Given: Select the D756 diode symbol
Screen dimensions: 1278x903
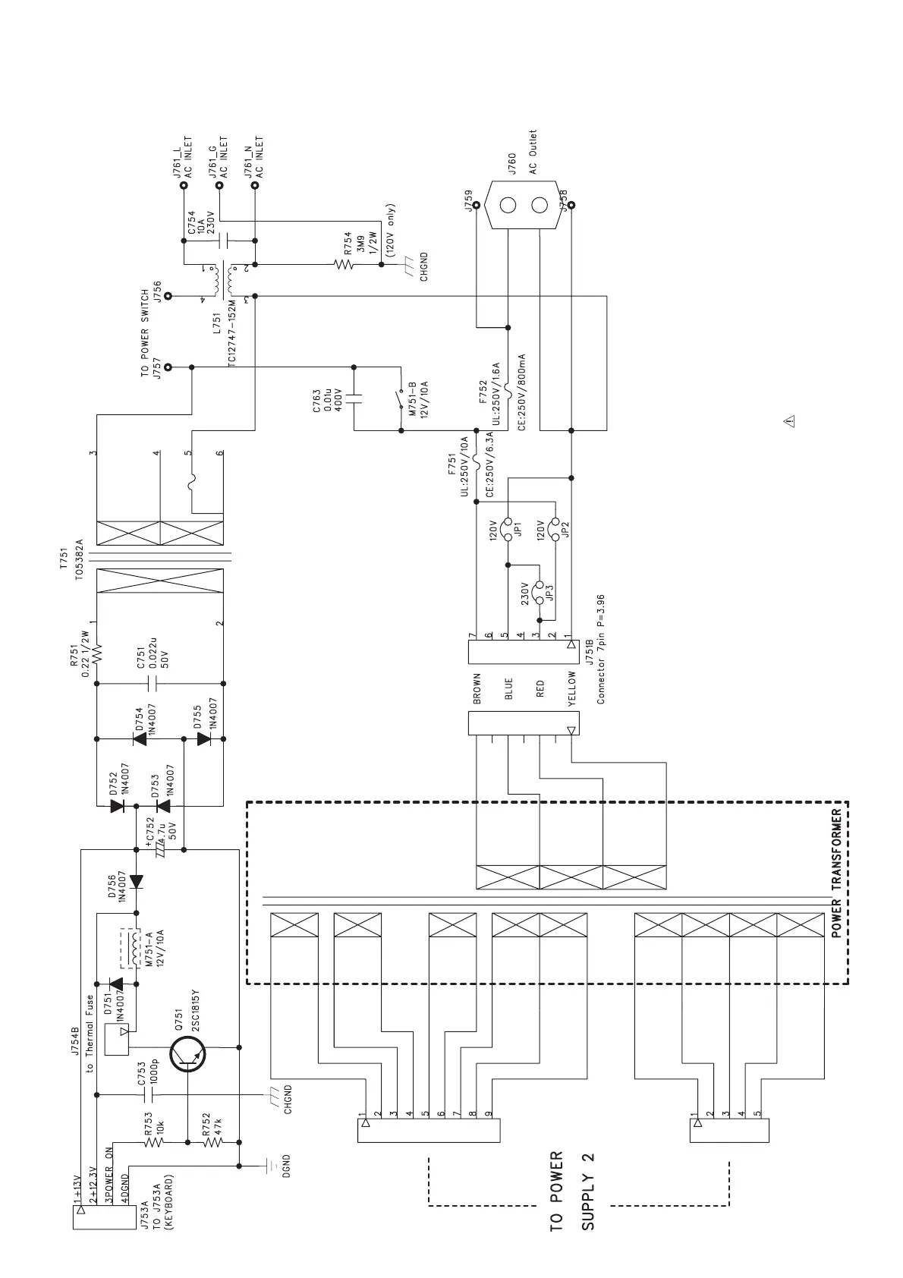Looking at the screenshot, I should point(137,882).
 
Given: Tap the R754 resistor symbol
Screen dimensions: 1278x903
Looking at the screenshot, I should point(344,265).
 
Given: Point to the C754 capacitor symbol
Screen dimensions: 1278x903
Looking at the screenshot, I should point(221,241).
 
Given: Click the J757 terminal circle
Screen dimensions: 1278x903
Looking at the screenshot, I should point(168,367).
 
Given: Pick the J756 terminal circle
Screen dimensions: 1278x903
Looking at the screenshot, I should point(168,296).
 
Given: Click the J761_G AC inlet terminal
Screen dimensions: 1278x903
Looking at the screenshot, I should point(220,184).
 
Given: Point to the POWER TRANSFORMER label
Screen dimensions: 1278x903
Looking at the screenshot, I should point(837,873).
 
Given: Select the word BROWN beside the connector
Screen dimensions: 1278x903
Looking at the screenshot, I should point(477,689).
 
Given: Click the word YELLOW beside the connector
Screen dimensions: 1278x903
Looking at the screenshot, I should point(572,689).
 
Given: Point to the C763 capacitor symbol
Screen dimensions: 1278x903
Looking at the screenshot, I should point(354,397).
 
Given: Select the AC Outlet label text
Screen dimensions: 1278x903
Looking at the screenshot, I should point(533,152).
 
